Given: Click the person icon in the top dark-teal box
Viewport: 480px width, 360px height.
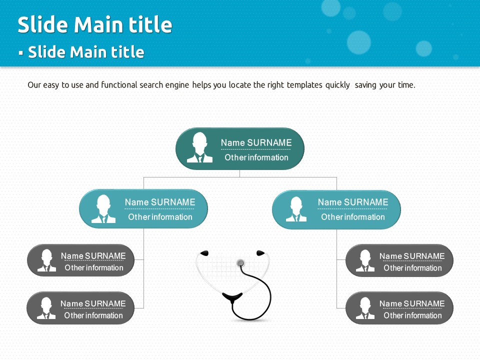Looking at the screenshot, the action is pos(199,147).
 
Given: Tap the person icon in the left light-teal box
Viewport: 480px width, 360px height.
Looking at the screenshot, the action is pos(103,209).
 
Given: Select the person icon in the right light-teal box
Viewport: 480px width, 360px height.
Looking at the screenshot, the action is pos(296,209).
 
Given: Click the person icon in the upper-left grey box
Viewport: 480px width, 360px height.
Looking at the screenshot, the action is pos(46,260).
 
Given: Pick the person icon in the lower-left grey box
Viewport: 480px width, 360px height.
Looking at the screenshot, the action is pos(46,308).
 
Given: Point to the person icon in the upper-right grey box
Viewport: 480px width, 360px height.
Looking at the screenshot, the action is pos(365,261).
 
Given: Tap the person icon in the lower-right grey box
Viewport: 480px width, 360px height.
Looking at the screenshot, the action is pos(365,308).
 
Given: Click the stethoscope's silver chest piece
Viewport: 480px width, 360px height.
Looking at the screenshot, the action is pos(240,263).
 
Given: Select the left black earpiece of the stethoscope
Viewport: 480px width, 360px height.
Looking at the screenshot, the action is pos(204,253).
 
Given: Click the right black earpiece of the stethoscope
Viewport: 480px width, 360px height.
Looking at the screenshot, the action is pos(260,253).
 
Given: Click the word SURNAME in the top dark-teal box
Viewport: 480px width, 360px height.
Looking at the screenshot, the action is pos(269,142).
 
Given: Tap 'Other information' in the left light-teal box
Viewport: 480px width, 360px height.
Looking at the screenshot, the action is pos(160,217).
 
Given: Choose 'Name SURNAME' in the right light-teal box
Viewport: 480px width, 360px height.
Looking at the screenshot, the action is pos(353,202).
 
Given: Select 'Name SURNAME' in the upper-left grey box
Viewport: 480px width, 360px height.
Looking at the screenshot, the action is pos(93,256).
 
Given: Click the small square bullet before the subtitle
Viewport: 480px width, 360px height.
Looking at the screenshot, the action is pos(21,53).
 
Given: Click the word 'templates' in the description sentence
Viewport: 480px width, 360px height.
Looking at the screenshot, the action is pos(304,85).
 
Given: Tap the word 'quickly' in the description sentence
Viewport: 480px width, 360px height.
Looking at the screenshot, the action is pos(337,85).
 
